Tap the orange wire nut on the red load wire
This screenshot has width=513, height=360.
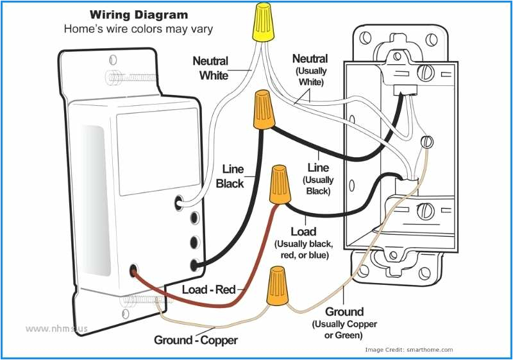pos(279,183)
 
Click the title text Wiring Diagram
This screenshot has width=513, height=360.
pos(139,14)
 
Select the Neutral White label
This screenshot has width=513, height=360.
pos(210,68)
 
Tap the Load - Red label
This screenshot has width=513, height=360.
pos(209,290)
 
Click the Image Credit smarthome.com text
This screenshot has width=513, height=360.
pos(408,350)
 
